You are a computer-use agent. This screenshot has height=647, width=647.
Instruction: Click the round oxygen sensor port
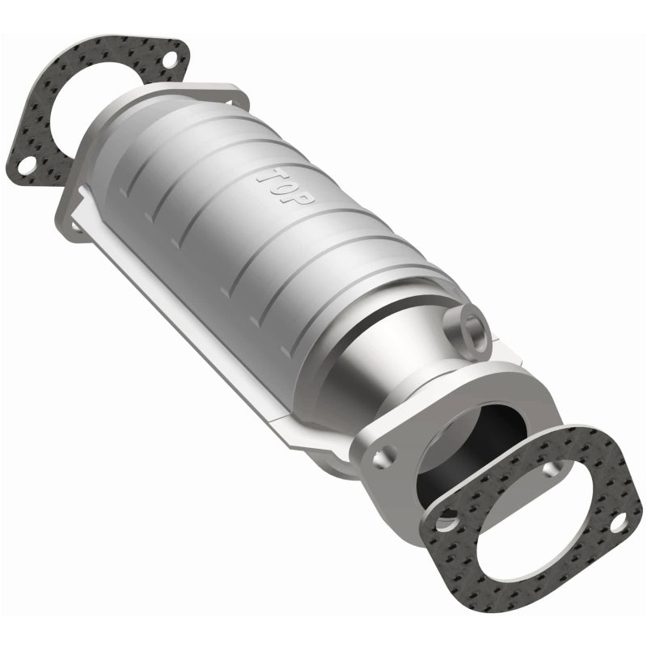[x=472, y=327]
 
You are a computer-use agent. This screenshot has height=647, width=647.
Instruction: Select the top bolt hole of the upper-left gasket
[x=168, y=61]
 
